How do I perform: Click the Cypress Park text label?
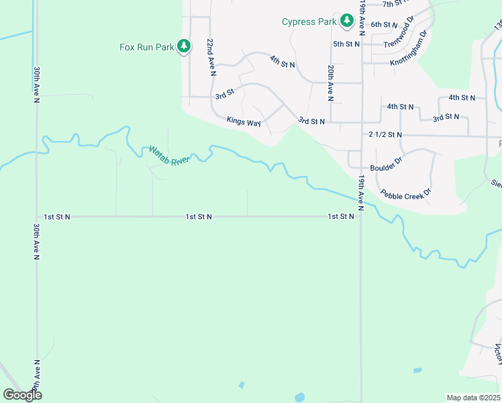click(309, 21)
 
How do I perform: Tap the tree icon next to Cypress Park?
click(347, 21)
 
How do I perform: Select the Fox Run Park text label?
click(146, 47)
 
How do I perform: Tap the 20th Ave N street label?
click(331, 83)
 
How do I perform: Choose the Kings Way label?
click(243, 122)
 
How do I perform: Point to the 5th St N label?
click(346, 44)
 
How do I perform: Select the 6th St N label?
click(385, 24)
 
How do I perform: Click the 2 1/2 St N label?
click(385, 135)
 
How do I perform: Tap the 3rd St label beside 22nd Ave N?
click(224, 96)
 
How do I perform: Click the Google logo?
click(22, 395)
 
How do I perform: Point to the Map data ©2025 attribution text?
click(473, 398)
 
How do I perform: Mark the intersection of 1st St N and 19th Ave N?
click(361, 217)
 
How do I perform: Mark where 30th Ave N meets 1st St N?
click(37, 217)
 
